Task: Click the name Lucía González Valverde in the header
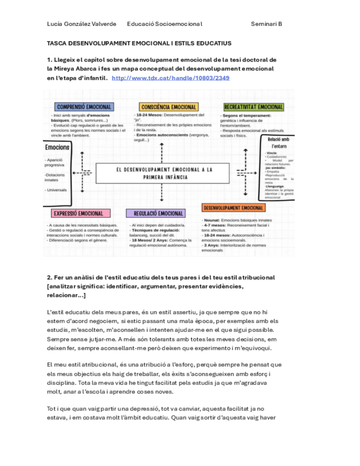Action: click(x=82, y=24)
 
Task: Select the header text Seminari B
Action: click(x=267, y=24)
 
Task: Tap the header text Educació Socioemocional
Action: click(x=165, y=24)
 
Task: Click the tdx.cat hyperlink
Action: click(x=170, y=78)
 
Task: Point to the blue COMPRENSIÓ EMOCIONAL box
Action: click(x=85, y=107)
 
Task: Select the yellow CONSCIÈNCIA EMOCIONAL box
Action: click(x=169, y=107)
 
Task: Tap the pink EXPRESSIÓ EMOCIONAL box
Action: click(x=79, y=213)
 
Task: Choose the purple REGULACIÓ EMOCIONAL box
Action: click(x=156, y=213)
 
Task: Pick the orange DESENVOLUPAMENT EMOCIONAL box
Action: click(x=234, y=208)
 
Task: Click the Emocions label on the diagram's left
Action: click(x=57, y=147)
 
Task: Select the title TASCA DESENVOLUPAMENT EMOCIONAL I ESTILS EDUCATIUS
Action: click(x=139, y=43)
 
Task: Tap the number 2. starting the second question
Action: click(x=49, y=278)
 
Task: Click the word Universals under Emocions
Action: click(x=57, y=190)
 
